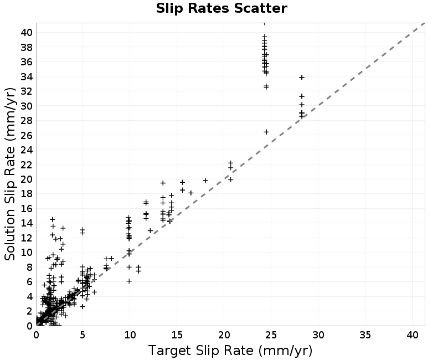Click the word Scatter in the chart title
(260, 8)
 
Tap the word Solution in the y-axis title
(10, 235)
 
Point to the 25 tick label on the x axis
(271, 335)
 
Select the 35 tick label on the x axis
(365, 335)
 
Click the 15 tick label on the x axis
(177, 335)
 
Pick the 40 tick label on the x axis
(412, 335)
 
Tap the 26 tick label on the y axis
(27, 135)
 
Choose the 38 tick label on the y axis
(27, 47)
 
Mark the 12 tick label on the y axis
(27, 238)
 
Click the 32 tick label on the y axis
(27, 91)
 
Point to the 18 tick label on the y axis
(27, 194)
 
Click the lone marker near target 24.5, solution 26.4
(266, 132)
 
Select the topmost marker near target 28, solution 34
(302, 77)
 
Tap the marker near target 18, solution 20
(205, 181)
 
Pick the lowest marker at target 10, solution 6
(129, 281)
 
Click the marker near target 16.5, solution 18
(191, 193)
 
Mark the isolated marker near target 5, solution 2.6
(83, 306)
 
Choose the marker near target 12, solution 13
(150, 230)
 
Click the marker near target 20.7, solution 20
(231, 179)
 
